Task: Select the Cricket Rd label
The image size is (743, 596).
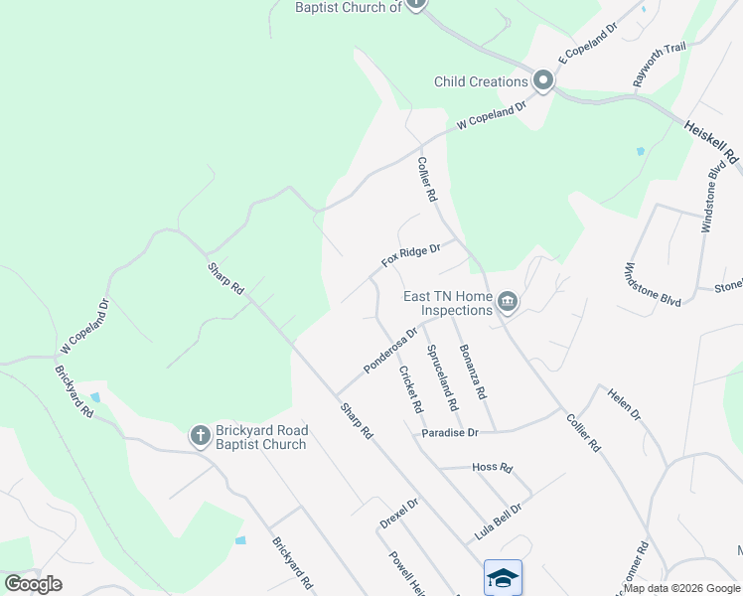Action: (410, 390)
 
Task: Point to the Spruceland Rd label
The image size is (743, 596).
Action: (442, 377)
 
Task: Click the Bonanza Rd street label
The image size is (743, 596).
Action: (472, 372)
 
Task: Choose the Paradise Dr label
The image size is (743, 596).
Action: (449, 433)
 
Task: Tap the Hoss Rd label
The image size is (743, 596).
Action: (492, 467)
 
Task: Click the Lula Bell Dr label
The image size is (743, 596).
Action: (498, 521)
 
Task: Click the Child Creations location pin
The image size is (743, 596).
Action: (543, 80)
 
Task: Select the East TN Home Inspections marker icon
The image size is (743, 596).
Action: (508, 301)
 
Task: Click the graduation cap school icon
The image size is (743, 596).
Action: (503, 577)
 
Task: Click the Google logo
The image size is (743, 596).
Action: (33, 584)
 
